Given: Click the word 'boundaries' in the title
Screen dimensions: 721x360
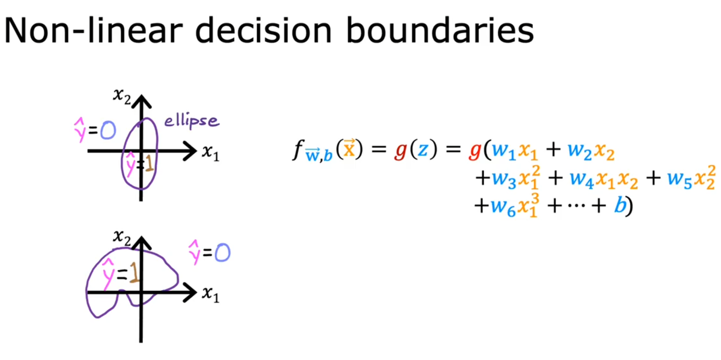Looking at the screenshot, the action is pos(440,31).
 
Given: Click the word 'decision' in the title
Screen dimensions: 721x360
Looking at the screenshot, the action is pos(263,31).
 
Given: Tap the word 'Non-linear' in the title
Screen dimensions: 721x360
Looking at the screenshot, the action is pos(93,31).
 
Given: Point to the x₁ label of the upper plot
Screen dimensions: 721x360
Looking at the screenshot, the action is pos(211,152).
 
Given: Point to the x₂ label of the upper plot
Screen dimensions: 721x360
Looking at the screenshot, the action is pos(122,96).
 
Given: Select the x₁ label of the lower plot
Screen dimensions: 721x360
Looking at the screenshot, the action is pos(211,294).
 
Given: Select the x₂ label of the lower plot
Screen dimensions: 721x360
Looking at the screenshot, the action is pos(122,237).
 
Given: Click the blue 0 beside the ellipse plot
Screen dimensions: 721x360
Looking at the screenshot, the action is pos(108,131).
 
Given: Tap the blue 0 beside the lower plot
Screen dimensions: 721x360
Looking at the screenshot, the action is pos(222,253).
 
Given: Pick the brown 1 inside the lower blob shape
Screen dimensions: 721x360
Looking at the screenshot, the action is pos(134,274).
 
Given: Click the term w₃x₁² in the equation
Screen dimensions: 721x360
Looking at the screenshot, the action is pos(516,178).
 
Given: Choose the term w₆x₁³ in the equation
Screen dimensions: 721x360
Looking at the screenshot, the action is pos(515,206).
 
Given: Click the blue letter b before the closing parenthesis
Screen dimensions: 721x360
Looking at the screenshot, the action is pos(619,205).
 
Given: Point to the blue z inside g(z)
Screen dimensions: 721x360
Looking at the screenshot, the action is pos(422,150).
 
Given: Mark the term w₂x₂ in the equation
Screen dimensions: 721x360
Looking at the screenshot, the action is pos(591,151).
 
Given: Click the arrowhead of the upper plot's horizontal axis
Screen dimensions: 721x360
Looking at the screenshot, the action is pos(190,151).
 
